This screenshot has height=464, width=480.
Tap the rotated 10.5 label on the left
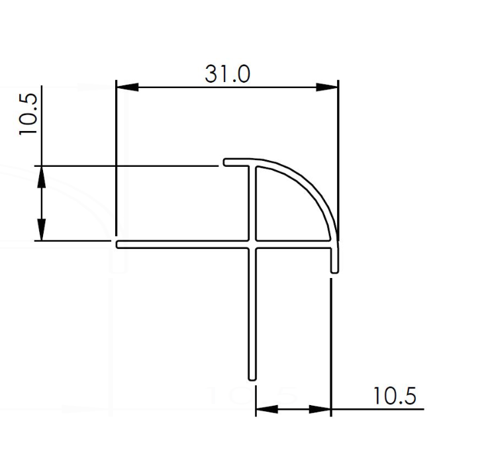pyautogui.click(x=30, y=113)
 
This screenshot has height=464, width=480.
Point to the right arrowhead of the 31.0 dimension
pyautogui.click(x=326, y=87)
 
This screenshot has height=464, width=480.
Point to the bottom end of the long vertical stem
pyautogui.click(x=252, y=378)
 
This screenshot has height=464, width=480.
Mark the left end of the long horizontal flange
pyautogui.click(x=119, y=244)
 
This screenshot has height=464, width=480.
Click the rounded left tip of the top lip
pyautogui.click(x=225, y=162)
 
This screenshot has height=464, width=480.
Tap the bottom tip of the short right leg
pyautogui.click(x=334, y=269)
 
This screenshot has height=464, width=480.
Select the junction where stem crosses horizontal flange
pyautogui.click(x=252, y=244)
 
